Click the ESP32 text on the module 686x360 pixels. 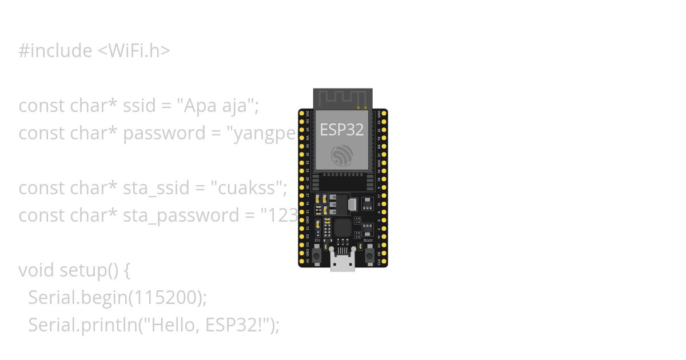coord(341,130)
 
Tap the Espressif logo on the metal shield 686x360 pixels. coord(342,155)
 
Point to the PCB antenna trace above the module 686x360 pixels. coord(342,98)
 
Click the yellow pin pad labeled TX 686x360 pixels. coord(384,138)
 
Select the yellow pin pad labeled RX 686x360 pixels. coord(384,146)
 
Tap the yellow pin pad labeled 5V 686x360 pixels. coord(302,261)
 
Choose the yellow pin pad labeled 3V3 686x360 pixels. coord(302,113)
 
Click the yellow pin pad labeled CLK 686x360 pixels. coord(384,261)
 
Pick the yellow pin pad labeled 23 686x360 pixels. coord(384,122)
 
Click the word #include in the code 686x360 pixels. coord(55,51)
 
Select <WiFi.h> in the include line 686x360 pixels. coord(134,51)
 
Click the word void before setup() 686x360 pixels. coord(37,270)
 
